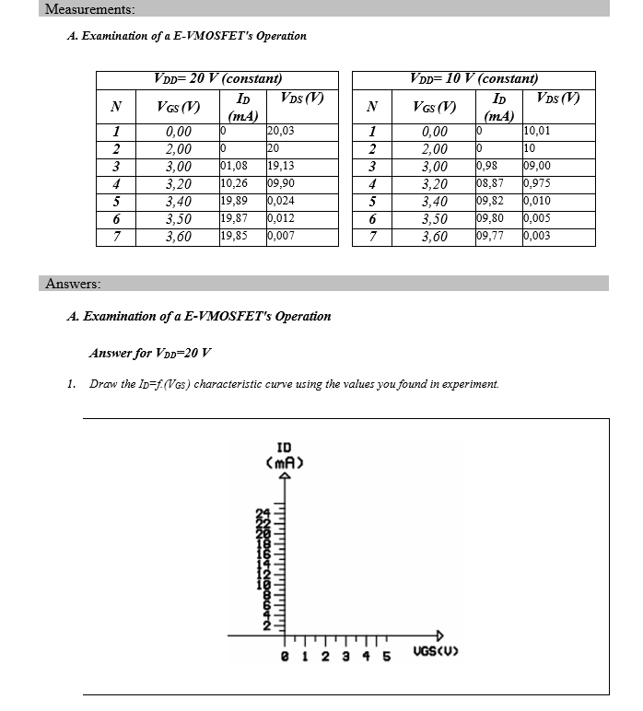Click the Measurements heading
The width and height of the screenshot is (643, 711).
(89, 9)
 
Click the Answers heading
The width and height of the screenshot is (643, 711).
(73, 284)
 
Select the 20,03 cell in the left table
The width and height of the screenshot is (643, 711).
(281, 132)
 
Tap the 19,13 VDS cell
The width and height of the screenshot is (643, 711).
(281, 167)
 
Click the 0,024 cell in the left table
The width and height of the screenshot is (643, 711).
(281, 202)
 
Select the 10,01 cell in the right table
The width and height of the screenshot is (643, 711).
(537, 132)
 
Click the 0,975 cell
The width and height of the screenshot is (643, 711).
(537, 184)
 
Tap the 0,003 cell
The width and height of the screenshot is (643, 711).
(537, 237)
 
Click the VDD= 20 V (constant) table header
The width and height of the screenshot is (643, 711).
(218, 79)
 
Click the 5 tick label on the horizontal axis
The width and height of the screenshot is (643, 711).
(386, 658)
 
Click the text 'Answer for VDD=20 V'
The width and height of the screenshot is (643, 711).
(150, 353)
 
